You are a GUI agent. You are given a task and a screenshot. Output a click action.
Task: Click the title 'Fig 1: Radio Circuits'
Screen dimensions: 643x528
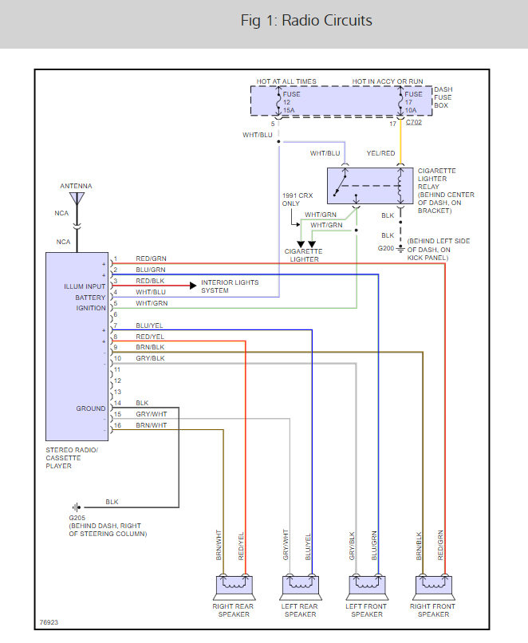coord(306,21)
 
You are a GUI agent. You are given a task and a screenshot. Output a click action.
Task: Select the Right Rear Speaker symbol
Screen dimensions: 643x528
coord(234,588)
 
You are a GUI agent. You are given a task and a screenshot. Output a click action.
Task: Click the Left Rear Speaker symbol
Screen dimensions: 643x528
coord(301,588)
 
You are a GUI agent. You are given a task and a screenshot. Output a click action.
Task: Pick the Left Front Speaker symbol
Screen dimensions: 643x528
coord(367,588)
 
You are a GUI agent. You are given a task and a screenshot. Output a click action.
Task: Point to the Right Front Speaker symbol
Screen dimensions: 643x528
coord(434,588)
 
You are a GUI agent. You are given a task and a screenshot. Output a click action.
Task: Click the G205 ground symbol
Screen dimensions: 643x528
coord(77,507)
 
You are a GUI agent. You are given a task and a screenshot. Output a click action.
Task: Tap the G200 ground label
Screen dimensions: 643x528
coord(386,248)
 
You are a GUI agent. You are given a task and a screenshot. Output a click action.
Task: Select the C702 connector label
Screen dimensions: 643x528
coord(414,124)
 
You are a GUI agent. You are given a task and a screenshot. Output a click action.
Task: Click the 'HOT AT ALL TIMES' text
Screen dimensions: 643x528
coord(286,81)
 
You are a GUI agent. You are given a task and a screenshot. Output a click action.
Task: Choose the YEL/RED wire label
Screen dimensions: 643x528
coord(380,153)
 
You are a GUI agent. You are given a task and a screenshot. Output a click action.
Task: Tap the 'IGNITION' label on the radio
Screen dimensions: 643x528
coord(90,308)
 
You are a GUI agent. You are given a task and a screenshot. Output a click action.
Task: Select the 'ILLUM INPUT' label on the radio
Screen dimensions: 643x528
coord(85,286)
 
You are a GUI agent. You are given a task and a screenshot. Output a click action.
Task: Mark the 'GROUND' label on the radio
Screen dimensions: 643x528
coord(91,408)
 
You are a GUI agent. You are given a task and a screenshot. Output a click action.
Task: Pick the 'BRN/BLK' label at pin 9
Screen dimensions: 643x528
coord(150,347)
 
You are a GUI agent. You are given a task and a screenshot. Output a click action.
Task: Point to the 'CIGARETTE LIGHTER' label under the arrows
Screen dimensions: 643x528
coord(303,255)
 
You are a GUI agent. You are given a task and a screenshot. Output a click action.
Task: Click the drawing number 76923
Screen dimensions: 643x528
coord(49,622)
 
